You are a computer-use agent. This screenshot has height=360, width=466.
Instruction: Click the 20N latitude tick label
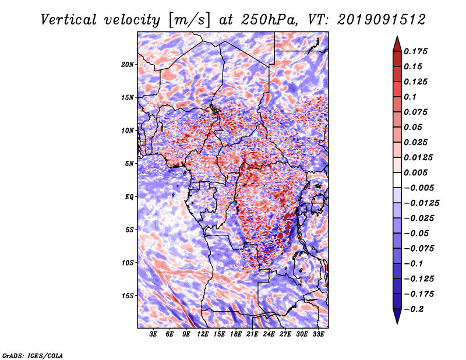(x=128, y=64)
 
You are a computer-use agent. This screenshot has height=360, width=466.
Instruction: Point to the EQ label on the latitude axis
(x=129, y=197)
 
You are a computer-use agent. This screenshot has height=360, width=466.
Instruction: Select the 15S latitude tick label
(x=128, y=296)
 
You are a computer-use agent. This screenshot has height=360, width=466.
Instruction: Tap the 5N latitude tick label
(x=130, y=164)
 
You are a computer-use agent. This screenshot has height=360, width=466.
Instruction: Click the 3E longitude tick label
(x=154, y=334)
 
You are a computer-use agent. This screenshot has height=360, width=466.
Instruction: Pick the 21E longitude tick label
(x=252, y=334)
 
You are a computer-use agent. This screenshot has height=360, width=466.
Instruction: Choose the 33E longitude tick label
(x=318, y=334)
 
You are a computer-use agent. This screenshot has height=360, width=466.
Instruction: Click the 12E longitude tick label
(x=203, y=334)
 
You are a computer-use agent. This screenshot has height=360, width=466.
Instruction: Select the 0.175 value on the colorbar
(x=417, y=51)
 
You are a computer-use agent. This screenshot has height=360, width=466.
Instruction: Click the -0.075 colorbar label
(x=419, y=248)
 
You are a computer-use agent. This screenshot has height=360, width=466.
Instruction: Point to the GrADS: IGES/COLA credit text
(x=32, y=354)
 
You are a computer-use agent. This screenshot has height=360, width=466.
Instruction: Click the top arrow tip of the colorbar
(x=396, y=37)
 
